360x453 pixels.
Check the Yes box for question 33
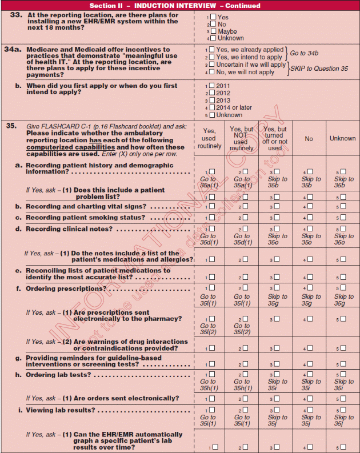213,18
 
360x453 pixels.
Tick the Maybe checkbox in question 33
213,31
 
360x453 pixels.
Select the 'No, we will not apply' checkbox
213,73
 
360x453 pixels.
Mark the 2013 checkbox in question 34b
213,100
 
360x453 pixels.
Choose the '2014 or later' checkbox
213,107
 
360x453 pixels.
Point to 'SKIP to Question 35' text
319,69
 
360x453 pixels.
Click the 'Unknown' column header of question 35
342,138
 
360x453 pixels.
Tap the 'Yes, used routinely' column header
209,138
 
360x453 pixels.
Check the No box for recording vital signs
311,207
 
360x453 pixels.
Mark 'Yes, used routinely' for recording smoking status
213,218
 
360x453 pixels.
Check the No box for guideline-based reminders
311,364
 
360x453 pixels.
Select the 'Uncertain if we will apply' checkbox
213,65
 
